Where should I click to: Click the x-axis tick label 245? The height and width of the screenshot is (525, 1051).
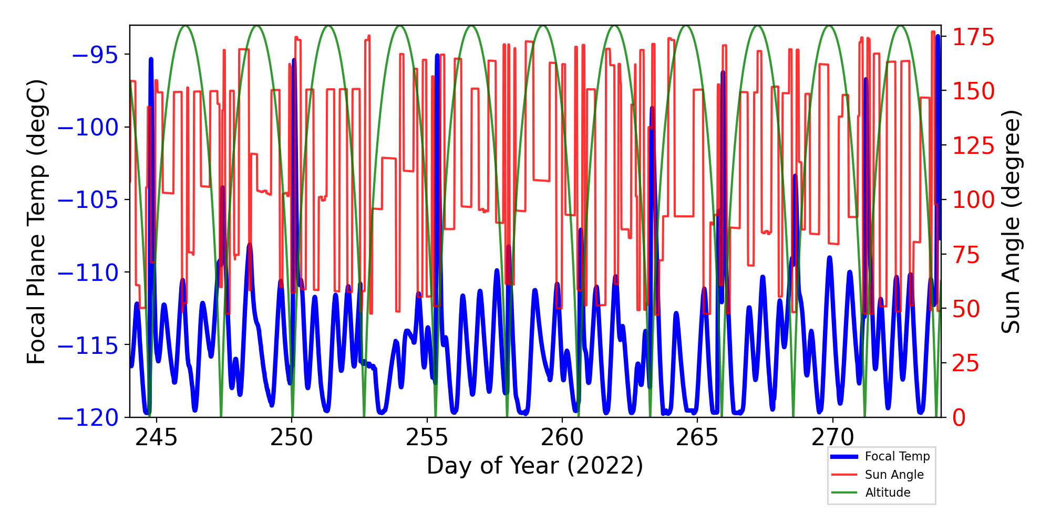(x=156, y=437)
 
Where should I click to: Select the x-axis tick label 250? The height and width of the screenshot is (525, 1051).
(x=292, y=437)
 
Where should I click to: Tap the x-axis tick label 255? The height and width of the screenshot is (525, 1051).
(x=427, y=437)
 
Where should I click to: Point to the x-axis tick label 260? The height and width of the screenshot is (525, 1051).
(x=562, y=437)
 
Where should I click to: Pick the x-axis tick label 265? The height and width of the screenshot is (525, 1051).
(x=697, y=437)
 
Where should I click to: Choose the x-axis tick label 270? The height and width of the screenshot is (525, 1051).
(x=832, y=437)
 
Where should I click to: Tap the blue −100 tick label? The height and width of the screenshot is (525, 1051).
(x=88, y=128)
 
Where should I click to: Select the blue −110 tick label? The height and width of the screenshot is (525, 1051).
(x=88, y=273)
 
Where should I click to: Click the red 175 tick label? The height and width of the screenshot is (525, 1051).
(x=974, y=38)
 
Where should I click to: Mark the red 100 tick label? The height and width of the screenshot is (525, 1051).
(x=974, y=200)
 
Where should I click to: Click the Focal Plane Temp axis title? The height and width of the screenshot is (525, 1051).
(x=37, y=222)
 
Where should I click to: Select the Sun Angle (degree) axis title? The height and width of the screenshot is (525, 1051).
(x=1011, y=222)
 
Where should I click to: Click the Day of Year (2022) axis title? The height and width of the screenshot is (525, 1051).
(x=535, y=466)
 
